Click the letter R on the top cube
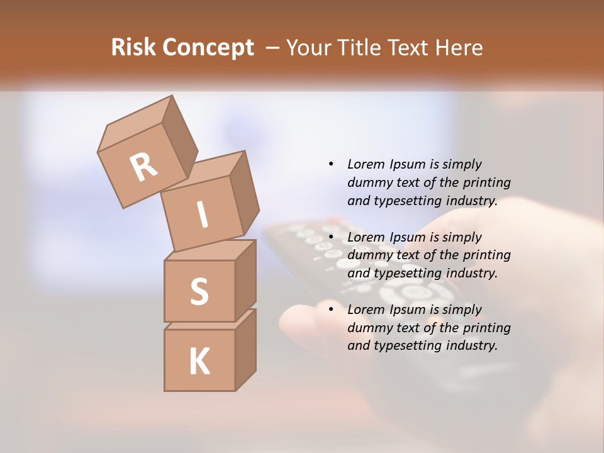[143, 167]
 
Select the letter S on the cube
[199, 291]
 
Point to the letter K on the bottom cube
[199, 361]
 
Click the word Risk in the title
[133, 48]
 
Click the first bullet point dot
[331, 164]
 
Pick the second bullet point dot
[331, 237]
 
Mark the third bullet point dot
[331, 310]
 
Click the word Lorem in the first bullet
[365, 164]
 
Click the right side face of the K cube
[245, 349]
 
